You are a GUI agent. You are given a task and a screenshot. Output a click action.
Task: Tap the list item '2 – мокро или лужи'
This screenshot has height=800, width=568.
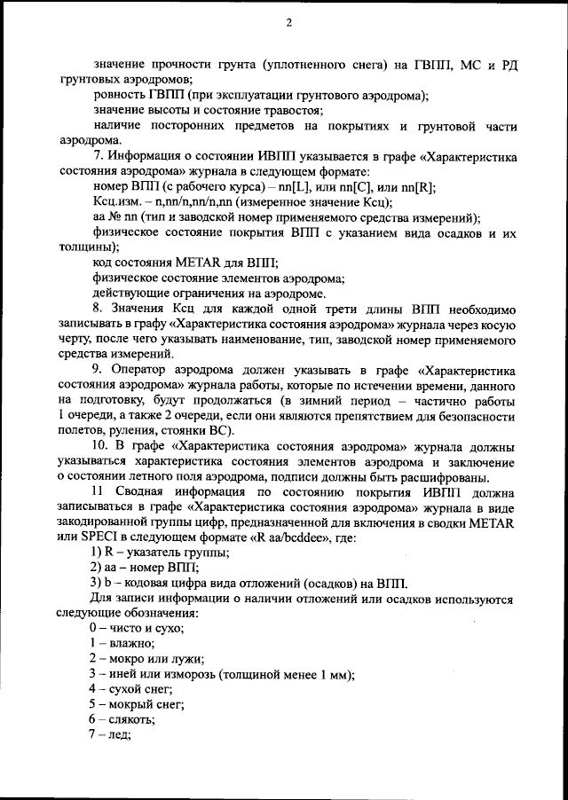pos(146,658)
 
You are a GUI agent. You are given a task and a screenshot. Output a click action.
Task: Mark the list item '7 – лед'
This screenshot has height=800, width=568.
pos(110,734)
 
